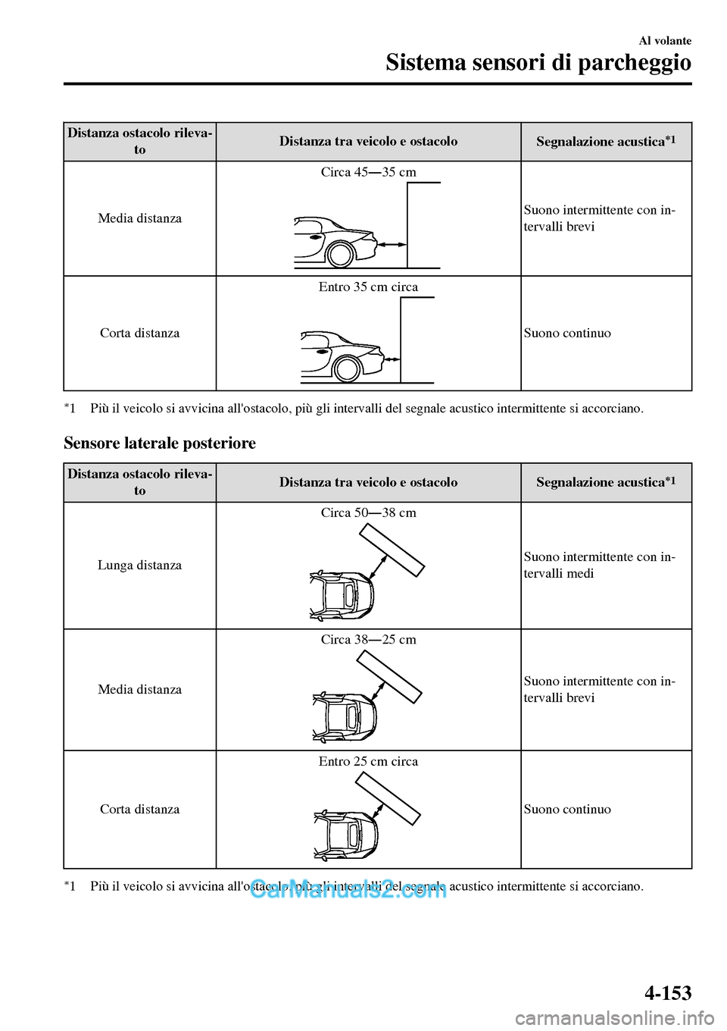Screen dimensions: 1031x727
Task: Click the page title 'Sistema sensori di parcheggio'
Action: point(538,62)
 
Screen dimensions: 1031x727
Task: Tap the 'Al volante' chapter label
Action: point(665,41)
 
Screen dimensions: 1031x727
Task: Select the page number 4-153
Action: point(668,992)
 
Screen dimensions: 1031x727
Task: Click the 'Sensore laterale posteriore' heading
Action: point(160,443)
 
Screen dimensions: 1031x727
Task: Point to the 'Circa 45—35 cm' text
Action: point(368,172)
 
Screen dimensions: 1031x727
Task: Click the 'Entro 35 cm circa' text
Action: point(368,287)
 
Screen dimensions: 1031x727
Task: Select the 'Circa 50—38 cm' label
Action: point(368,512)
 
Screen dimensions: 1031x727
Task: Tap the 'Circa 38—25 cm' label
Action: point(368,639)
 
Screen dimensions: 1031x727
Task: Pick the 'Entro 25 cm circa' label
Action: point(368,761)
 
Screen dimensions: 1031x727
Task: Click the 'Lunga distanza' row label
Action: point(140,565)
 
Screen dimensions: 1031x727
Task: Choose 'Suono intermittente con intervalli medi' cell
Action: point(599,565)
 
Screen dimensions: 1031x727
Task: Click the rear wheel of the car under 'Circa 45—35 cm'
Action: point(341,254)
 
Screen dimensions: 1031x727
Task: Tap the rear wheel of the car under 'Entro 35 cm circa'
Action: point(348,369)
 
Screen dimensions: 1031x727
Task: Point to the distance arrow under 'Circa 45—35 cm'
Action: point(392,244)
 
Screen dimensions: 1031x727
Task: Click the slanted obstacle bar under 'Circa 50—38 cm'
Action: point(392,550)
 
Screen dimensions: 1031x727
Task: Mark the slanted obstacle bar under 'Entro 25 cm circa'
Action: point(388,798)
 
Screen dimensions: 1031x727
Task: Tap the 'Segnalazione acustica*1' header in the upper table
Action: point(606,141)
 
